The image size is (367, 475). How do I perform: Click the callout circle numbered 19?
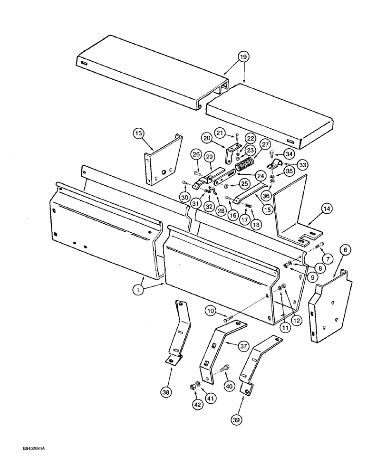243,57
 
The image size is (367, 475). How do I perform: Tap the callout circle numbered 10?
212,311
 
